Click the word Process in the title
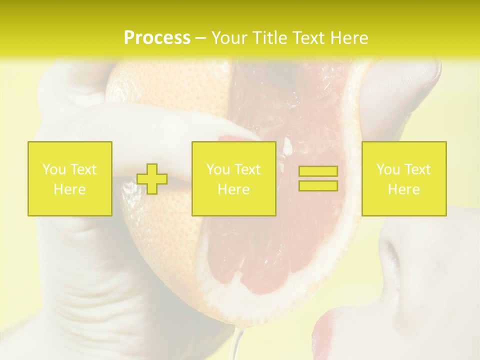point(157,38)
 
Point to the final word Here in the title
point(348,38)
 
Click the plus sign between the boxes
point(152,179)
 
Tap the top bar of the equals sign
point(318,171)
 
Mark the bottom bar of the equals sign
point(318,186)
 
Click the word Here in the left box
point(69,189)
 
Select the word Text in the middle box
point(247,169)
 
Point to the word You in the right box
point(388,169)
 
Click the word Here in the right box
point(403,189)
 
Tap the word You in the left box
point(54,169)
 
